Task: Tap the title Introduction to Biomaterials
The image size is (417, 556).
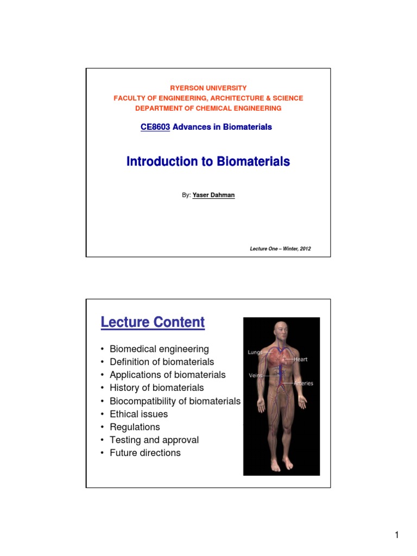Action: [208, 162]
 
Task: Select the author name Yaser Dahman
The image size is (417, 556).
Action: [213, 195]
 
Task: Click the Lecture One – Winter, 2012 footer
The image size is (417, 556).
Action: [280, 249]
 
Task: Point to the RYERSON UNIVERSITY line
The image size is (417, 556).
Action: [208, 88]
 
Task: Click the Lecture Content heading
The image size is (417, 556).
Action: [153, 323]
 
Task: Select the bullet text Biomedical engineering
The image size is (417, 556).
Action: [159, 349]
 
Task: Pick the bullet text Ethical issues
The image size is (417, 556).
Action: [138, 414]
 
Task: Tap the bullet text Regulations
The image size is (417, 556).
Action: [135, 427]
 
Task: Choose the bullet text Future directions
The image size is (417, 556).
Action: [145, 453]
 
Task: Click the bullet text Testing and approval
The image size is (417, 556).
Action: [154, 440]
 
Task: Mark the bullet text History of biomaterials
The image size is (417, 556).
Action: [156, 388]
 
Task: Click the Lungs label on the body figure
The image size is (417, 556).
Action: [255, 352]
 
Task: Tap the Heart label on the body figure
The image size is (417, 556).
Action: [301, 359]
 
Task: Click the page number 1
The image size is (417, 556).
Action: [397, 536]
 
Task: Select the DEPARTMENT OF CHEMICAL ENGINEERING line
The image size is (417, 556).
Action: [208, 108]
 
